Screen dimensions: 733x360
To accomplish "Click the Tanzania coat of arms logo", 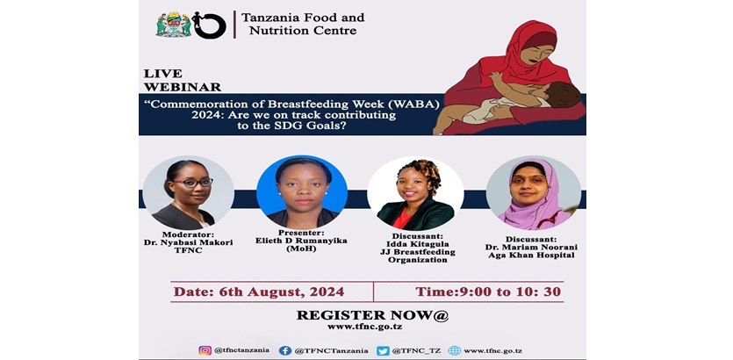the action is (174, 25).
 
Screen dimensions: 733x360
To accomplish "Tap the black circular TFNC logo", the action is (210, 25).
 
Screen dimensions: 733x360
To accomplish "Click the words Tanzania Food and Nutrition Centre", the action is (303, 25).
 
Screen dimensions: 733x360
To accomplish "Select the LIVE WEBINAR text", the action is (183, 81).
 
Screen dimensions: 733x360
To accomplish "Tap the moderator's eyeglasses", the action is (193, 183).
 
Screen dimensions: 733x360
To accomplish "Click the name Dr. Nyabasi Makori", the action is (188, 242).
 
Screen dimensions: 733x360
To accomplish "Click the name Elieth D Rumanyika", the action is (301, 241).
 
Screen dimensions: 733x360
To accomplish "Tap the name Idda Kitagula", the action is (418, 244).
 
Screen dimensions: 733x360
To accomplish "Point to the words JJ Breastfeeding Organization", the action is (418, 256).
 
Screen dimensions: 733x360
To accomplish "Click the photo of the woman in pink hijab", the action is (534, 192).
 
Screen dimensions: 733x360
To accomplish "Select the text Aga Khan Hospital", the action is (531, 256).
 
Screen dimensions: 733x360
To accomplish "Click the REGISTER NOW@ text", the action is (372, 315).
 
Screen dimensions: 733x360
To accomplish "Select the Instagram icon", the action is (205, 350).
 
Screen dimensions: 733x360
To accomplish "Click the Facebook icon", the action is (285, 350).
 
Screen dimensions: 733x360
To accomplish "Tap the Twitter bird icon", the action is (383, 350).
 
